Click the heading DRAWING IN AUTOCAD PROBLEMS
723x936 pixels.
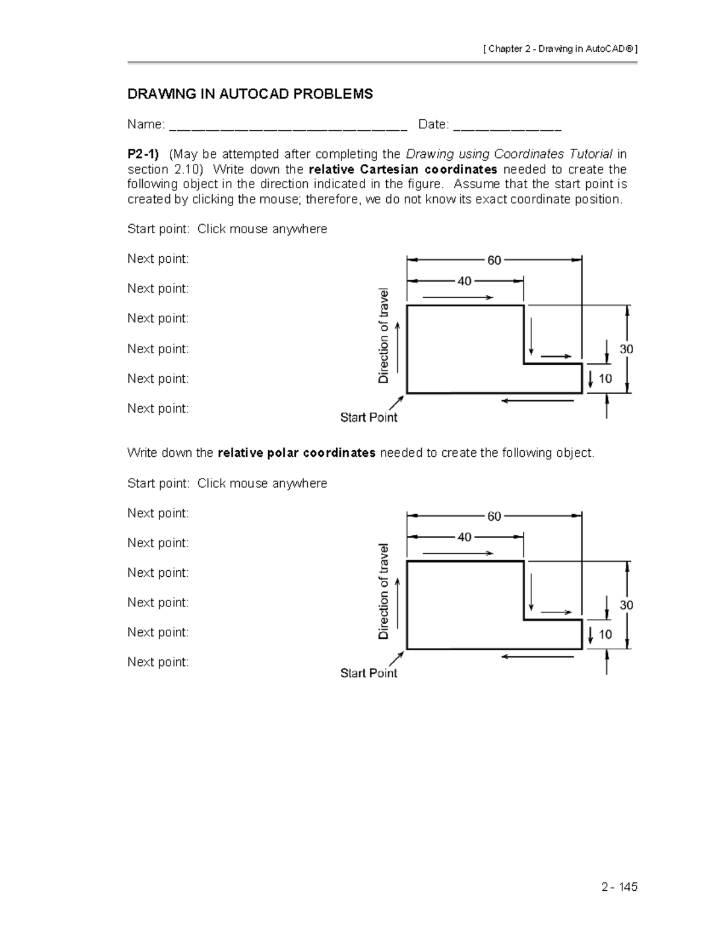(249, 94)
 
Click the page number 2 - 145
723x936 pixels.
(619, 887)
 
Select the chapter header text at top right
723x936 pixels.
(560, 49)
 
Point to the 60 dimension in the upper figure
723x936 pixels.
(494, 260)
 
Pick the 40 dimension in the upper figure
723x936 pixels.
(465, 281)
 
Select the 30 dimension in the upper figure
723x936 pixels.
(626, 349)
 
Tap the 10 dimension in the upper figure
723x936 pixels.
(605, 378)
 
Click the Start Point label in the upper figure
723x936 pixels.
(369, 417)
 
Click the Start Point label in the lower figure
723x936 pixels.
(369, 673)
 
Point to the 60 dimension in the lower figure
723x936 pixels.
(494, 517)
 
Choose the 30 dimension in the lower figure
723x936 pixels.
(626, 605)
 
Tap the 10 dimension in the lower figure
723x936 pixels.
(605, 634)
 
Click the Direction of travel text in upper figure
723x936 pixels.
(383, 336)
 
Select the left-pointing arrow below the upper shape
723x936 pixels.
(537, 401)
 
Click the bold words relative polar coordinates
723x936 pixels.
(296, 453)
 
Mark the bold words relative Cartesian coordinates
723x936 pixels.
(402, 169)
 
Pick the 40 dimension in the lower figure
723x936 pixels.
(465, 537)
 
